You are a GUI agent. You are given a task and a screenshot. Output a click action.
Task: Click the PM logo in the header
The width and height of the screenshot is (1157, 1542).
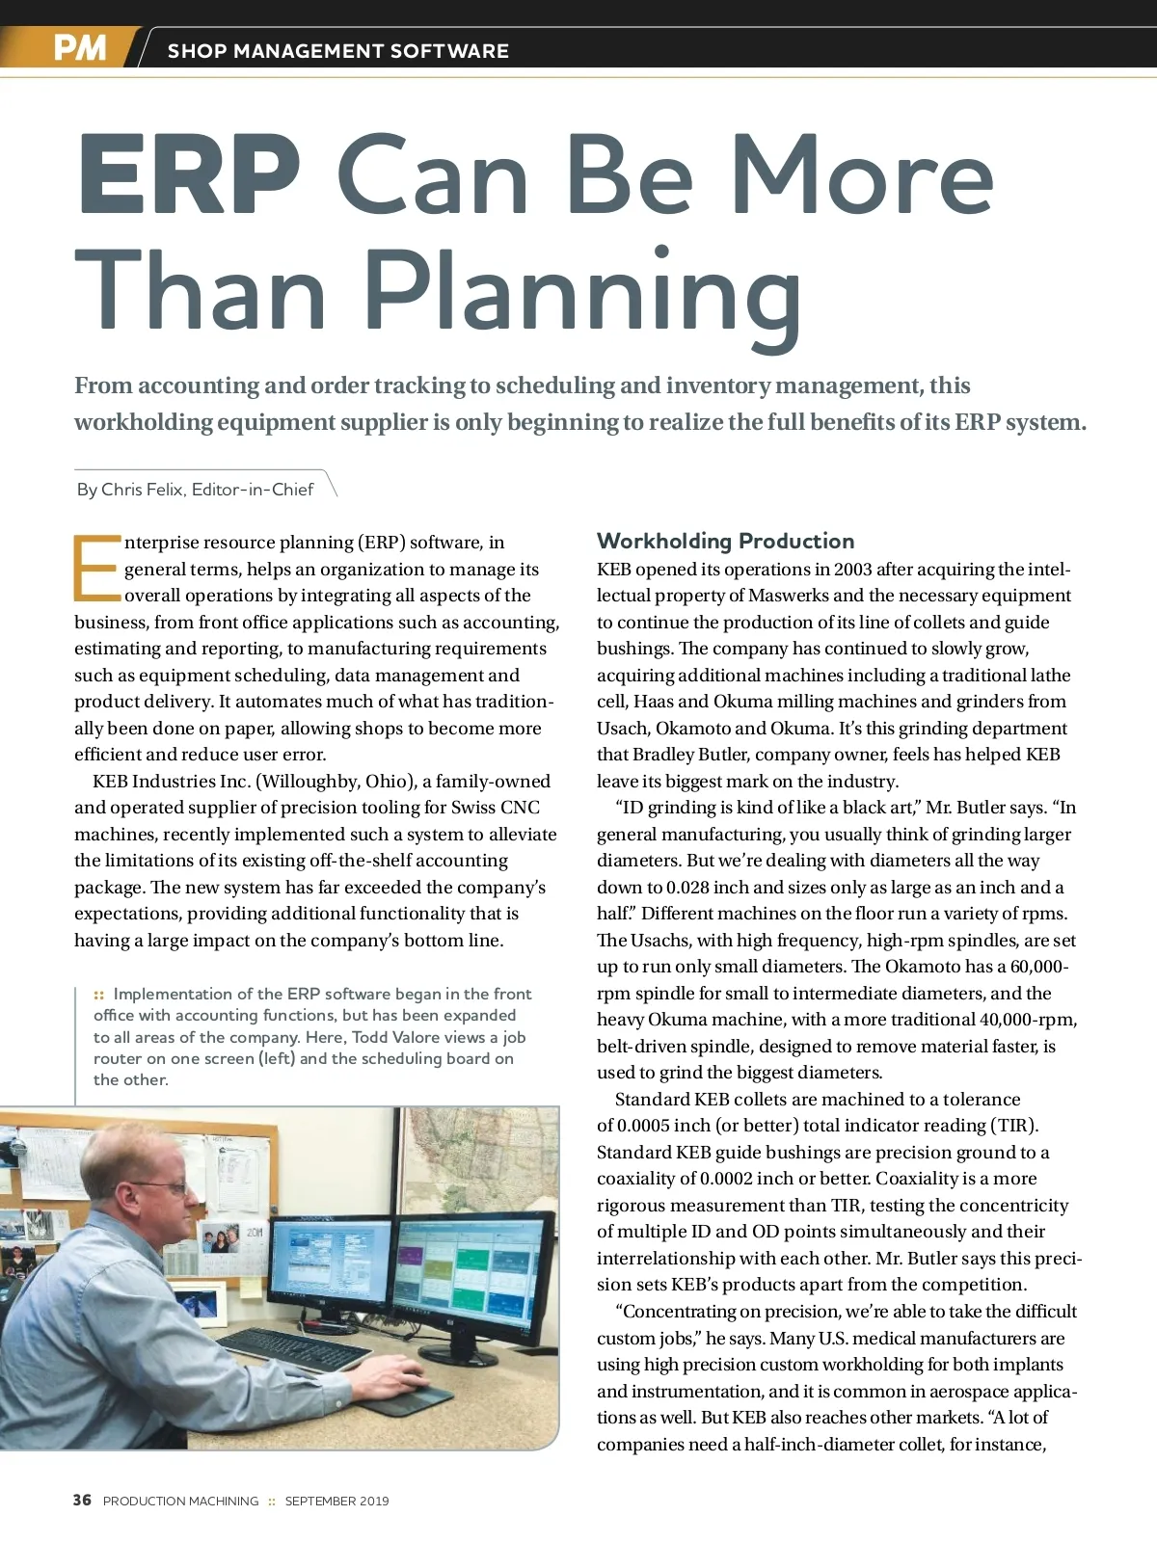pos(79,47)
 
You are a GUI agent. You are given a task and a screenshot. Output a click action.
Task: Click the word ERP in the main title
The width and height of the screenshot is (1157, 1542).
pos(189,177)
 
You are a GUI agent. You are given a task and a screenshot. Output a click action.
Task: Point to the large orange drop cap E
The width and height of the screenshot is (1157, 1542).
pos(95,568)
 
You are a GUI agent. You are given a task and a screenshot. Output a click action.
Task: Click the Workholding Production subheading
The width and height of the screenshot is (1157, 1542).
pos(725,541)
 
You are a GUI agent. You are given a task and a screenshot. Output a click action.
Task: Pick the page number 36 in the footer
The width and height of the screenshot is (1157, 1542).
pos(82,1500)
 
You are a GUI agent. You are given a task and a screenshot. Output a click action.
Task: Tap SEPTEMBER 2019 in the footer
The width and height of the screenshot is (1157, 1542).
pos(336,1501)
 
